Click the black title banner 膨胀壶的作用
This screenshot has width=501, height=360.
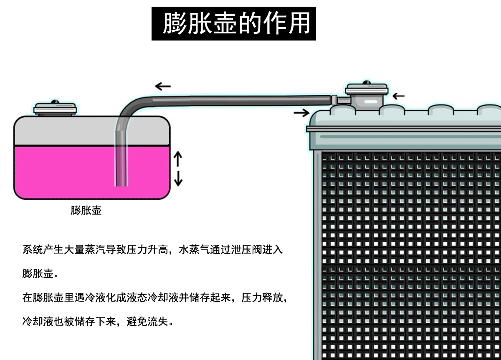(x=233, y=23)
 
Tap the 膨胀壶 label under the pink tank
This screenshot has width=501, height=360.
(x=86, y=210)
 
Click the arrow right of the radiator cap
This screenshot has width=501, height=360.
(x=399, y=96)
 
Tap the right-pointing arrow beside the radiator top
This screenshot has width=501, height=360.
(x=301, y=113)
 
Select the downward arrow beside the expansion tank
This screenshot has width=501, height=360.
(x=178, y=178)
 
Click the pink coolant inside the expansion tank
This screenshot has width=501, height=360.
(x=67, y=171)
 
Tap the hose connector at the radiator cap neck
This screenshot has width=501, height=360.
(x=335, y=100)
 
